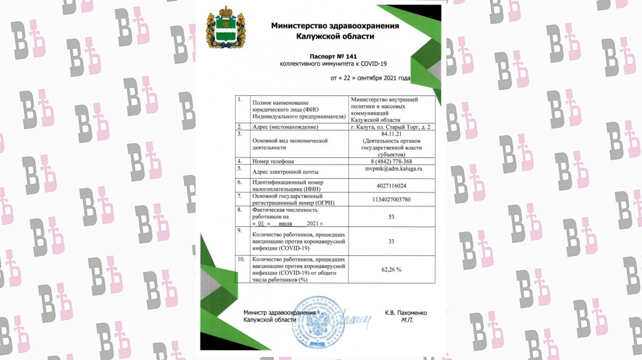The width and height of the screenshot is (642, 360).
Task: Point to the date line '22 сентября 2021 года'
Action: point(371,78)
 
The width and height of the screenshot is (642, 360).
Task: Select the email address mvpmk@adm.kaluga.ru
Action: point(393,169)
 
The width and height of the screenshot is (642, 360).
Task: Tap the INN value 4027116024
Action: point(393,186)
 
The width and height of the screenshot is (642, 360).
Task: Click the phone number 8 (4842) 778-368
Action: point(393,161)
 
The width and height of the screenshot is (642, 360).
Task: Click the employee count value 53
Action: point(392,216)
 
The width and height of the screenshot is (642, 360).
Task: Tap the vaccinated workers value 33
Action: point(392,241)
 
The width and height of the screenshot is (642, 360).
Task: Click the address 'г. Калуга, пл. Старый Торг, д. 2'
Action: point(393,127)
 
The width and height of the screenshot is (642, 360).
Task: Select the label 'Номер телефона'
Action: point(273,161)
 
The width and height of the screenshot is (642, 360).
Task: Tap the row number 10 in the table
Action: point(240,259)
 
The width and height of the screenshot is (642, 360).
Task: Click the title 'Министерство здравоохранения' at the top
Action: point(334,26)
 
